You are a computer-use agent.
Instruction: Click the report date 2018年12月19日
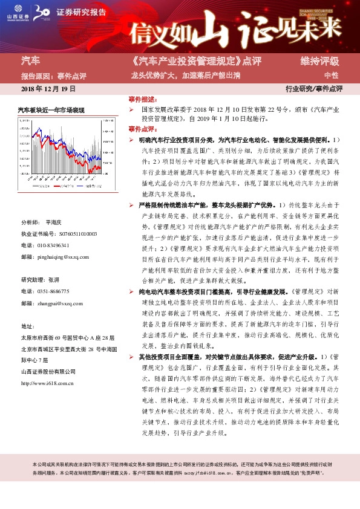pos(48,88)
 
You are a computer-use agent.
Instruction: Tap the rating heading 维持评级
pos(320,62)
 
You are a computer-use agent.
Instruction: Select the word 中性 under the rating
pos(331,76)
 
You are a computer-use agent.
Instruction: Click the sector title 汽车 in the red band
pos(31,61)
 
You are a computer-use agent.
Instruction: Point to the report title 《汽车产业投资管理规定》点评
pos(188,62)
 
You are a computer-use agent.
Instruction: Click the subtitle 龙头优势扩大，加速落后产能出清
pos(186,76)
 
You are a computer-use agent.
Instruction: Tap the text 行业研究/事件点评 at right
pos(314,88)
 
